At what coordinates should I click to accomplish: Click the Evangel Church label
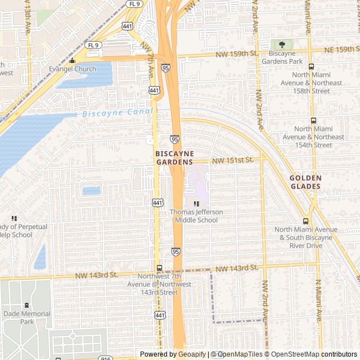click(x=73, y=70)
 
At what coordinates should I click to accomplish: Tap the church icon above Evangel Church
click(x=72, y=61)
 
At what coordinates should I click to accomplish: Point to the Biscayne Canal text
click(x=117, y=113)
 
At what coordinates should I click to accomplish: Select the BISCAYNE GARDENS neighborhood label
click(x=174, y=157)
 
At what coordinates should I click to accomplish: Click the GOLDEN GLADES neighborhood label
click(x=305, y=182)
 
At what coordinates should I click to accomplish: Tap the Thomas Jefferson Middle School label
click(x=196, y=216)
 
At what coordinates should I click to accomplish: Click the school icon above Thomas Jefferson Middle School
click(x=196, y=204)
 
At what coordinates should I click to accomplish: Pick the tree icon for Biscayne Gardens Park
click(x=282, y=44)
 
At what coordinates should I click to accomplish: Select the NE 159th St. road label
click(x=342, y=50)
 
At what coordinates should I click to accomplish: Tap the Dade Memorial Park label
click(x=26, y=317)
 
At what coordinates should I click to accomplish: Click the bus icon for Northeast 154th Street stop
click(x=313, y=120)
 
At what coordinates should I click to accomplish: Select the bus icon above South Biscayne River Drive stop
click(x=306, y=221)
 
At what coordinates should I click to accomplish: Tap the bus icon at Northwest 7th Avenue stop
click(x=159, y=268)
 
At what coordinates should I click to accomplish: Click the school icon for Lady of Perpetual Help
click(x=14, y=218)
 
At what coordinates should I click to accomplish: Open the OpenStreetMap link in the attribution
click(x=292, y=354)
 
